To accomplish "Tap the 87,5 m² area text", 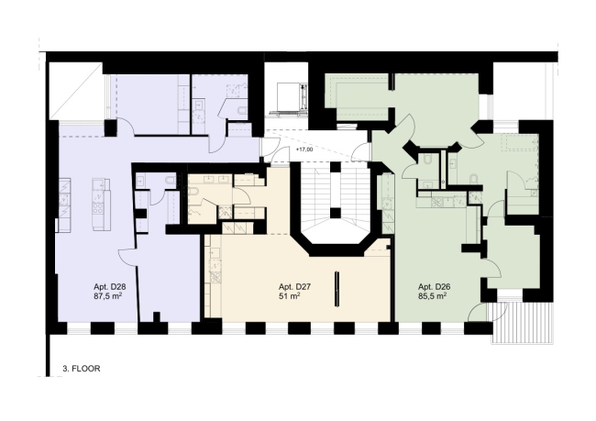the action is click(x=108, y=296).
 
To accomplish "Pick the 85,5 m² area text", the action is click(x=433, y=296).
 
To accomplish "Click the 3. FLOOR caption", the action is click(x=82, y=369).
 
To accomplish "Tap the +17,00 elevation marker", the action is click(x=304, y=150).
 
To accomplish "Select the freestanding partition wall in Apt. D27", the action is click(x=337, y=288).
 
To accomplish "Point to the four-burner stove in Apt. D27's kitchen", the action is click(x=215, y=278).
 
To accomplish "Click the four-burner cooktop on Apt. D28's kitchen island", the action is click(x=98, y=207).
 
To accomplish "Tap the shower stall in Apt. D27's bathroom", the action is click(x=225, y=212).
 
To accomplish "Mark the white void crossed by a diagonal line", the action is click(x=76, y=92).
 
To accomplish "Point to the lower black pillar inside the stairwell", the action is click(x=336, y=213).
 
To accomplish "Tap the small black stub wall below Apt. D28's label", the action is click(x=156, y=317).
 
